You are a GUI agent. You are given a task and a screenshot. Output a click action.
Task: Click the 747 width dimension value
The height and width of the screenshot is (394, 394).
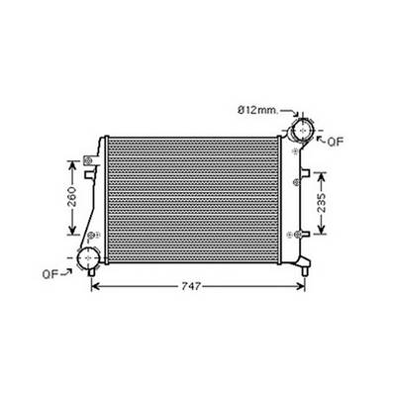[x=192, y=286]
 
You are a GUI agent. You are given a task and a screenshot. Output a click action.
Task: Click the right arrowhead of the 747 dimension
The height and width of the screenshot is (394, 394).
[x=303, y=286]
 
